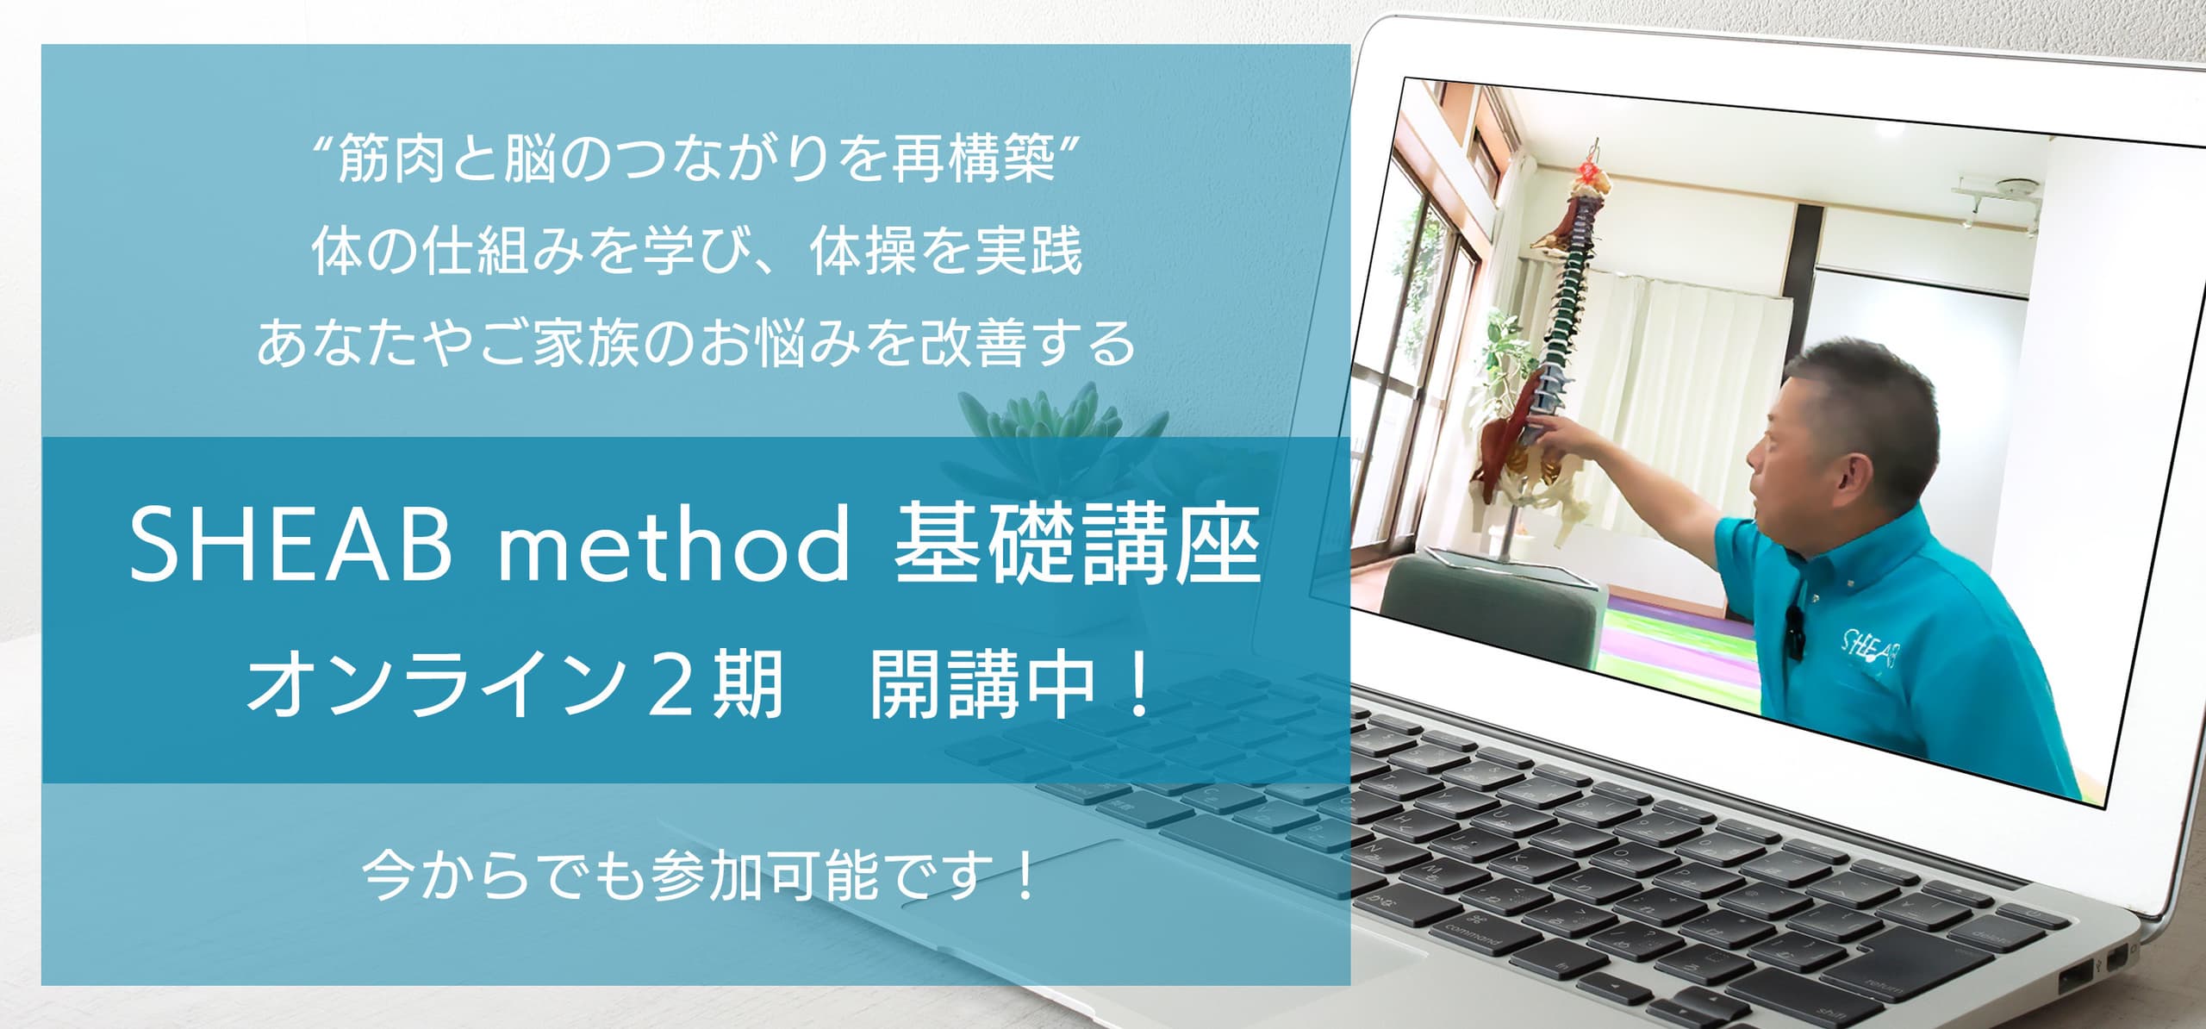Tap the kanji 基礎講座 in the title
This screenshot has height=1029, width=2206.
(1078, 544)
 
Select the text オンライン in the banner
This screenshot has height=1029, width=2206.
(435, 685)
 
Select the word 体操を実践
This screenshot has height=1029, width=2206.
(945, 252)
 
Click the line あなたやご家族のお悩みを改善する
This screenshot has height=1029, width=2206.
(696, 343)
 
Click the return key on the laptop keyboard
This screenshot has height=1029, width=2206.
(1879, 982)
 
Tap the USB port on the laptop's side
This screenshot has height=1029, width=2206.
(2075, 979)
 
